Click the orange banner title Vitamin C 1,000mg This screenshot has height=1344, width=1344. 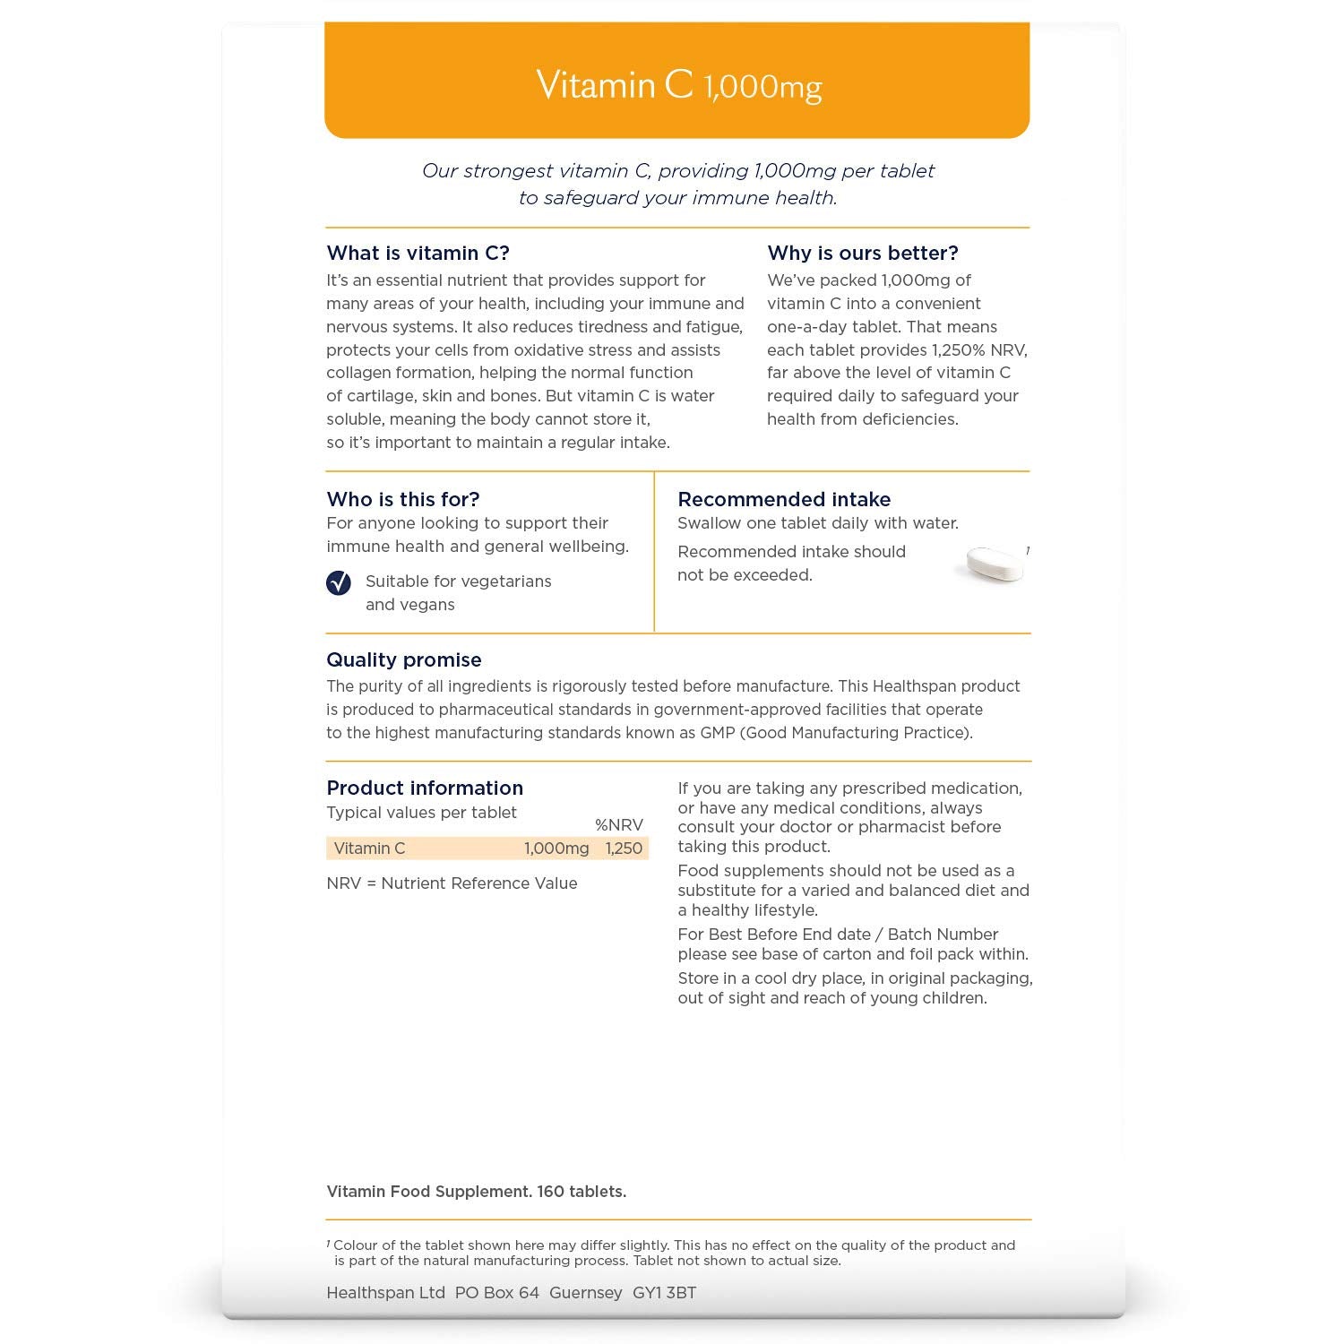678,86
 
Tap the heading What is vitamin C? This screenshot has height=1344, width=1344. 418,254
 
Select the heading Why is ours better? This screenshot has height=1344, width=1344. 862,254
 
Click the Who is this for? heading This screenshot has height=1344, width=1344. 402,499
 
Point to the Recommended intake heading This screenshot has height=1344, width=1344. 783,499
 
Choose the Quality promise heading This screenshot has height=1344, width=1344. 403,660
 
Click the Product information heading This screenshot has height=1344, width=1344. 424,788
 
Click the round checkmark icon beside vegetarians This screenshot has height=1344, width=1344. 339,583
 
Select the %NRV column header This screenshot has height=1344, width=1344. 618,825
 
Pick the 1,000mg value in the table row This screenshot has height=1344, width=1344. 556,849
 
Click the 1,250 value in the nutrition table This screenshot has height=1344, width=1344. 624,849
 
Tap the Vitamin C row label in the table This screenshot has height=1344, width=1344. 369,849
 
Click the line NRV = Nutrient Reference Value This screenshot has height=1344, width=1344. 452,883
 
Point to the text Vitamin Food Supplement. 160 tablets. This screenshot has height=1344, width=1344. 476,1192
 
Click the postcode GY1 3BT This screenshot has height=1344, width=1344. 664,1293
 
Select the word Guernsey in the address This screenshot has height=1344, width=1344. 585,1293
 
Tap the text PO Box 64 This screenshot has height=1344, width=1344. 496,1293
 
